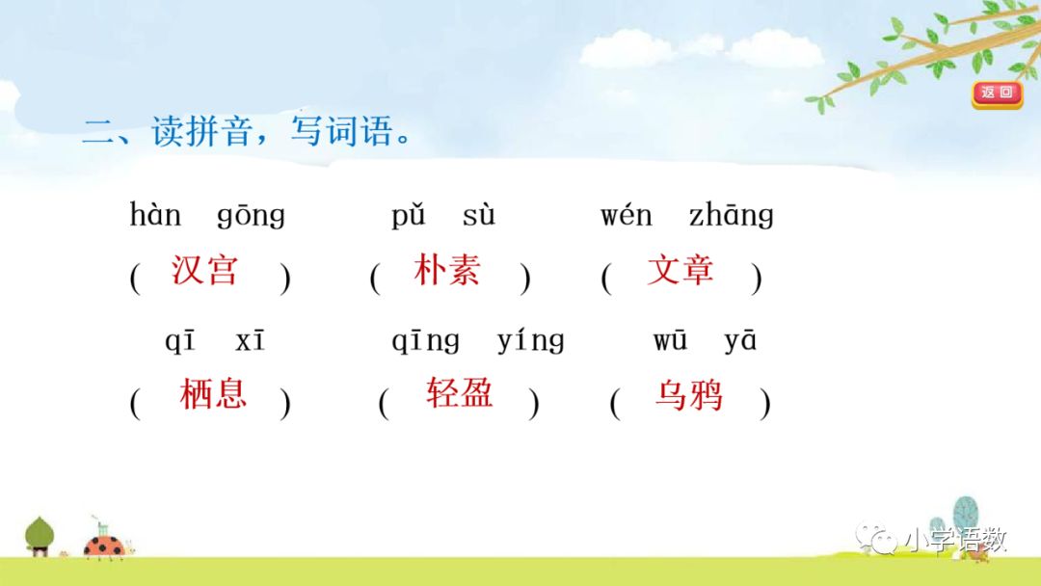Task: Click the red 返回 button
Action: point(997,93)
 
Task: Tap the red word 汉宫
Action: point(204,270)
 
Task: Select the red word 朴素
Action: point(446,270)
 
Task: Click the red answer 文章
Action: point(681,270)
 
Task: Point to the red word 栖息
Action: point(213,393)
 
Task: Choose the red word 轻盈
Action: point(460,393)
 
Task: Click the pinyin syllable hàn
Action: point(155,215)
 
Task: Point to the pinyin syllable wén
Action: point(627,215)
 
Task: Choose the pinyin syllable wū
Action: point(670,341)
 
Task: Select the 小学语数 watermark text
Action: point(954,541)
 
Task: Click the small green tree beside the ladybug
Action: point(40,535)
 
